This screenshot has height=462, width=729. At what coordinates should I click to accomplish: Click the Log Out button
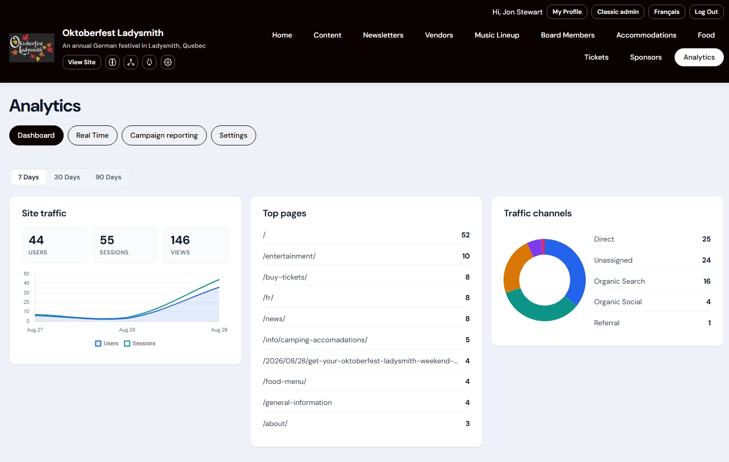(706, 12)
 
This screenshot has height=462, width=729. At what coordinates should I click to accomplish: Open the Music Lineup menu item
(496, 35)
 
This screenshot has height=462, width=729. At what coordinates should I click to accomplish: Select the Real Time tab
(92, 135)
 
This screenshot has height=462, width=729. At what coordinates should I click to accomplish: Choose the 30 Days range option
(67, 177)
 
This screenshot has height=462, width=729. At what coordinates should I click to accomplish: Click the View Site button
(82, 62)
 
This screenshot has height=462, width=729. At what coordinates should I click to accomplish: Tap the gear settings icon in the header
(168, 62)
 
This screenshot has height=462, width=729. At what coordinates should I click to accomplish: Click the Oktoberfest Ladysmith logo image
(32, 48)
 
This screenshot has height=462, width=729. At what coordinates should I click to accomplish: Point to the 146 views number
(180, 240)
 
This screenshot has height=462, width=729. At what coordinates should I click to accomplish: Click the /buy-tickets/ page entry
(285, 278)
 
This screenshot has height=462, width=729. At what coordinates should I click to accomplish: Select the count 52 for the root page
(466, 235)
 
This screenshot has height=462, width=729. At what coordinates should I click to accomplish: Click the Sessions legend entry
(140, 343)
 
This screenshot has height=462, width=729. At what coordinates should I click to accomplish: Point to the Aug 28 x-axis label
(127, 330)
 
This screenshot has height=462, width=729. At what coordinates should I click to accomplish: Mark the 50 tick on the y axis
(26, 274)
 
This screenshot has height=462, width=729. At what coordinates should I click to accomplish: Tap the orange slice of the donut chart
(514, 267)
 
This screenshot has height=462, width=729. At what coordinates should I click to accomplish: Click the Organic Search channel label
(619, 281)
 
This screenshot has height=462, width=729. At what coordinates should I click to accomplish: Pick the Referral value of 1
(709, 323)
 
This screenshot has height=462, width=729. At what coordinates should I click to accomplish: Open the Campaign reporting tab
(164, 135)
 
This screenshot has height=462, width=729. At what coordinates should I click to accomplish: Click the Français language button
(666, 12)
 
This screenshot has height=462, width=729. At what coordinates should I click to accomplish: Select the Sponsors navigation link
(646, 58)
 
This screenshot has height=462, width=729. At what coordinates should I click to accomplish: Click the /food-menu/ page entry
(284, 381)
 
